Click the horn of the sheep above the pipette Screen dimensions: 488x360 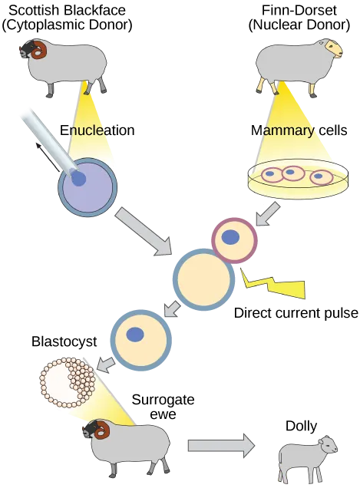click(x=38, y=51)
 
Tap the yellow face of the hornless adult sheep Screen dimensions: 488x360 click(x=334, y=49)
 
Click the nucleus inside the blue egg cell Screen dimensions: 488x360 click(x=79, y=179)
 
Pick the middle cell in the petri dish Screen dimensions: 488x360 click(x=293, y=173)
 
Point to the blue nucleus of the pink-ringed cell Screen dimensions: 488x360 click(x=230, y=237)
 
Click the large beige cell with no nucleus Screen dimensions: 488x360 click(x=203, y=280)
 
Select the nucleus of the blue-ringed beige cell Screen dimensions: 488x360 click(x=135, y=335)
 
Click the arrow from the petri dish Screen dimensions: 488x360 click(x=267, y=213)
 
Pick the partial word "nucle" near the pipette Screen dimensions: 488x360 click(x=86, y=130)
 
